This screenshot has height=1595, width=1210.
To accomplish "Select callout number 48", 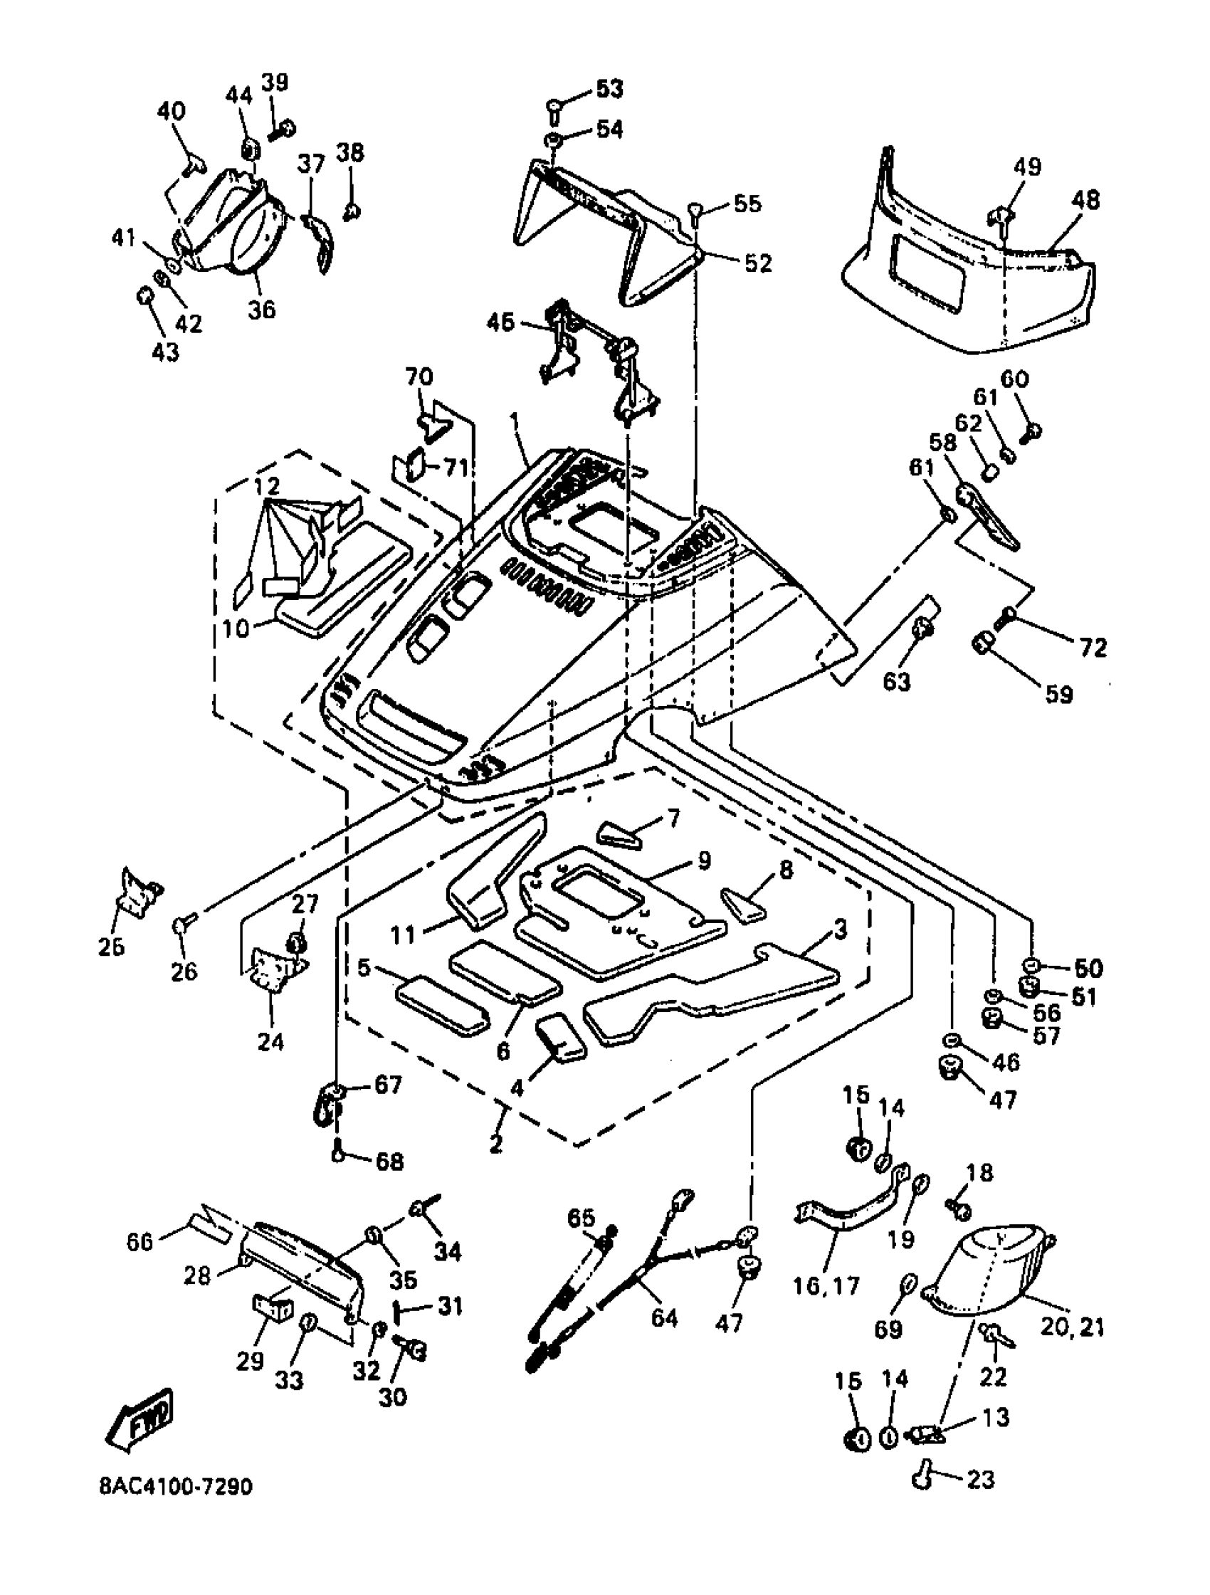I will pos(1085,200).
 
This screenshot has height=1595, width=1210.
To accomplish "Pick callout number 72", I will pos(1093,648).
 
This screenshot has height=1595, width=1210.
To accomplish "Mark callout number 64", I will pos(664,1317).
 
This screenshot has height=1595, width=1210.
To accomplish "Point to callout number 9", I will pos(704,860).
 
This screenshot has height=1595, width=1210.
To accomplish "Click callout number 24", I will pos(271,1041).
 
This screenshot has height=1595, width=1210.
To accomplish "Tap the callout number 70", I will pos(419,377).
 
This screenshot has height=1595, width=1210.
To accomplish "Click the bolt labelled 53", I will pos(554,110).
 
